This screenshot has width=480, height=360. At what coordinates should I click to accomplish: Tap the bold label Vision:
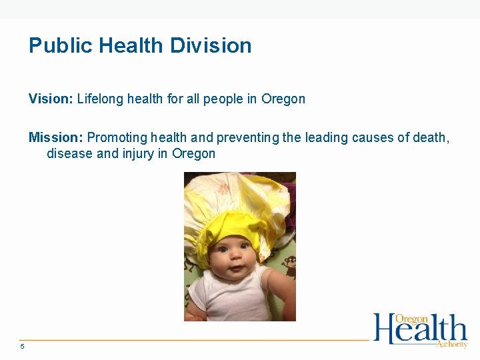[51, 99]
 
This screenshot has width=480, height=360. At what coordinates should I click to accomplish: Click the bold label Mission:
[55, 137]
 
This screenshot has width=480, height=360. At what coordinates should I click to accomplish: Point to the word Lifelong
[100, 99]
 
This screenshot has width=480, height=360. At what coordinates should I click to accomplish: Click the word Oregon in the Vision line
[283, 99]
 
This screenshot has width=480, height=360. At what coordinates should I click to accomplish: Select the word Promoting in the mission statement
[117, 137]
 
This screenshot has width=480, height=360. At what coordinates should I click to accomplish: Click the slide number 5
[22, 346]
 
